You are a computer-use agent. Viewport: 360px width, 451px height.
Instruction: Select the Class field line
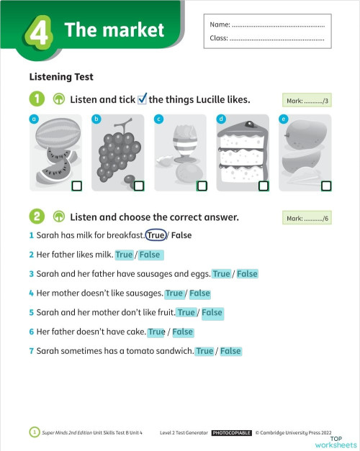276,38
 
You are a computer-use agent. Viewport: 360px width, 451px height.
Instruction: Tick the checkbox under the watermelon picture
77,186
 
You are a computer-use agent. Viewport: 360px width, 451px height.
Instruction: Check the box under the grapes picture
139,186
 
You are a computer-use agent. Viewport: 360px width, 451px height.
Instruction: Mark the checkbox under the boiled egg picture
202,186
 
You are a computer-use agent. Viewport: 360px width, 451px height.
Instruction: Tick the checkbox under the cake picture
264,186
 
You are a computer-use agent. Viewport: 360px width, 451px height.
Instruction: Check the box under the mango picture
326,186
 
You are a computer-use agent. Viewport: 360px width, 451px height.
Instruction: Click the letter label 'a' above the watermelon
33,118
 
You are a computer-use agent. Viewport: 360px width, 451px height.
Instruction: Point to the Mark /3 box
307,100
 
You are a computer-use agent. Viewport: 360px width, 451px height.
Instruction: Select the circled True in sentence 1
156,235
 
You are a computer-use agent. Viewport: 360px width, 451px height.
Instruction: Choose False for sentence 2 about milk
150,255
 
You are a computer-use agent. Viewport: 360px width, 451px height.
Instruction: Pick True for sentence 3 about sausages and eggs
221,274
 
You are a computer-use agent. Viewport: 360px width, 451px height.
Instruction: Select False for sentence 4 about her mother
199,293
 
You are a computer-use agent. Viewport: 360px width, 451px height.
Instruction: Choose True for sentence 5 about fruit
186,313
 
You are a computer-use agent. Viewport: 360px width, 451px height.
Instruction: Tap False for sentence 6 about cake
183,332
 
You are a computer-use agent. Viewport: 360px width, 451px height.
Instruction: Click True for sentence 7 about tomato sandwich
204,352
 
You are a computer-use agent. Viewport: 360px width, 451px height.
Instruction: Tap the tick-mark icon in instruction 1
142,99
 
